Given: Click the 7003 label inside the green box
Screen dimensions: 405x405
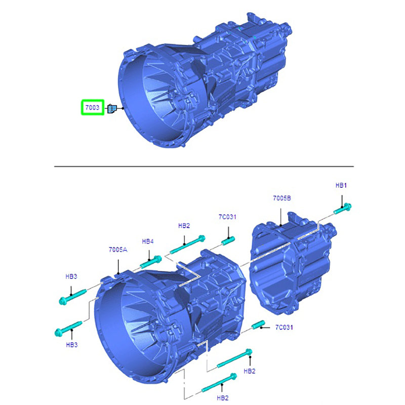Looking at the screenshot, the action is tap(92, 107).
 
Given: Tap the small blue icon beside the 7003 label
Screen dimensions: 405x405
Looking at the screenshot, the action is tap(112, 108).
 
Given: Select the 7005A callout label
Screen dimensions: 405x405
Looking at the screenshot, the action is tap(118, 250).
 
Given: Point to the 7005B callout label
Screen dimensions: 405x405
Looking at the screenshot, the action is tap(282, 198).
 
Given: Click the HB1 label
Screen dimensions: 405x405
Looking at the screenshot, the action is tap(341, 185).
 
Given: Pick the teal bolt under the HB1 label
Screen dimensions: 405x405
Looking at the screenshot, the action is tap(343, 209).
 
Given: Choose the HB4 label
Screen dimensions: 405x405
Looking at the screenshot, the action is tap(148, 241).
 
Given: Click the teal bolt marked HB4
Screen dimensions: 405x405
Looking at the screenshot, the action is tap(151, 262).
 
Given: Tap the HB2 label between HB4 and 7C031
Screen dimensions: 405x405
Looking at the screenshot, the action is tap(184, 225).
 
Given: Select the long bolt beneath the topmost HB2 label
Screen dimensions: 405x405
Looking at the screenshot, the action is tap(187, 245).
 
